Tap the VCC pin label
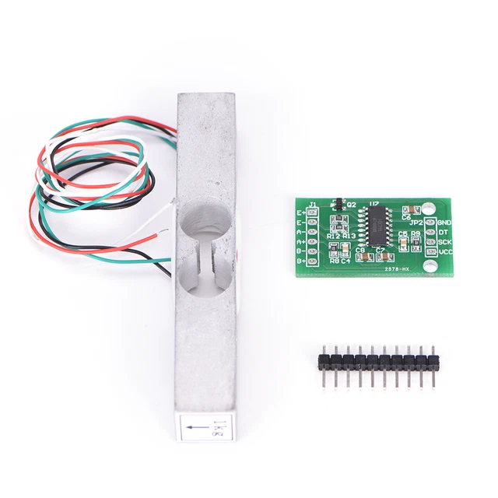coord(444,252)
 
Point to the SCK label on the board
coord(444,242)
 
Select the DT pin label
coord(442,232)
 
